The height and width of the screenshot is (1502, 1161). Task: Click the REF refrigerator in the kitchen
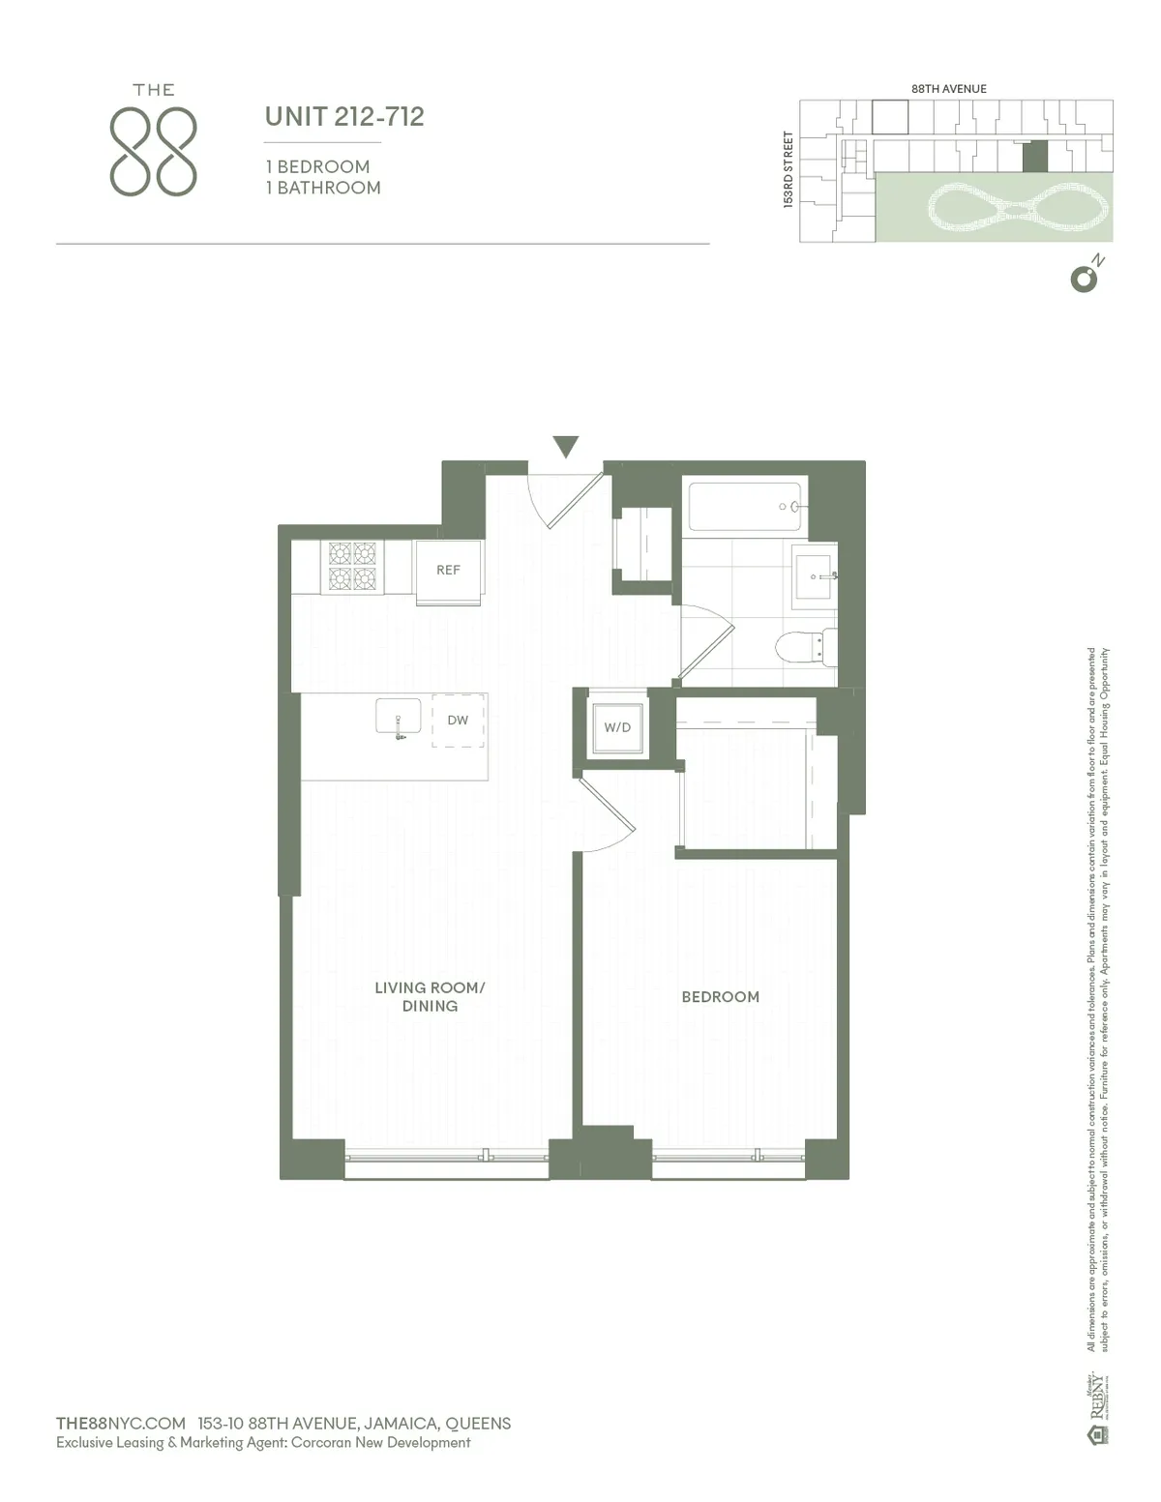click(x=448, y=571)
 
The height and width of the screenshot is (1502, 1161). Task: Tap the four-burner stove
click(x=352, y=566)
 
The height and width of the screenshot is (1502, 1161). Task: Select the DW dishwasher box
click(x=458, y=721)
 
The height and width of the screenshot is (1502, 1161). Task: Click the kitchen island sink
click(x=399, y=718)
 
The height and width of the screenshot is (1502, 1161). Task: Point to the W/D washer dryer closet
click(x=617, y=727)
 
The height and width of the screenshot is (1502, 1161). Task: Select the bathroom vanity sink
click(x=816, y=576)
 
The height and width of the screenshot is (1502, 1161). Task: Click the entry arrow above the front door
click(x=566, y=447)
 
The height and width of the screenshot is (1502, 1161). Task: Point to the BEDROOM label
click(x=720, y=997)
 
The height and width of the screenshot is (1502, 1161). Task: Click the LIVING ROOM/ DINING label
click(x=430, y=996)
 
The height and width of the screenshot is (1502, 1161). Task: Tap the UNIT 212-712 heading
click(x=344, y=117)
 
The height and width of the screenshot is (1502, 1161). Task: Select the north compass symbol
click(x=1085, y=278)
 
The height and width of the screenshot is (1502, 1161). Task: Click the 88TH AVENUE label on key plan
click(x=948, y=89)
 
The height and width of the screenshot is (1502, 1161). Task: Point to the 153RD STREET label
click(x=789, y=170)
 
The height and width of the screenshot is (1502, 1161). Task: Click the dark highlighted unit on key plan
click(x=1035, y=157)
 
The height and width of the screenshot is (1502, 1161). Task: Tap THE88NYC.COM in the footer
click(x=121, y=1424)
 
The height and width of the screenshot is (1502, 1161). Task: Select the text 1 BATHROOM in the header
click(x=323, y=189)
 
